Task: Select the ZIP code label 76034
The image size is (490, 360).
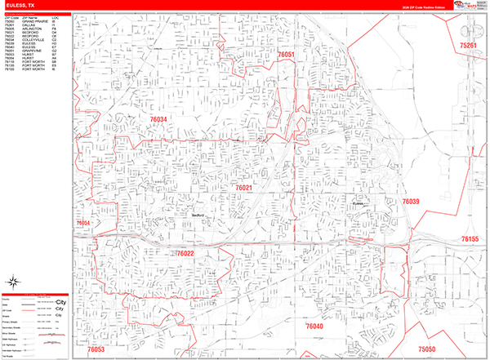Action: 158,120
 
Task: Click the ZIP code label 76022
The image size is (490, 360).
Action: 185,254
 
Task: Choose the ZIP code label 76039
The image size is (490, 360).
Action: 411,201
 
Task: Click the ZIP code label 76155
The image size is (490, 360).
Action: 470,239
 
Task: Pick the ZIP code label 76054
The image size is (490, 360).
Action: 83,223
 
